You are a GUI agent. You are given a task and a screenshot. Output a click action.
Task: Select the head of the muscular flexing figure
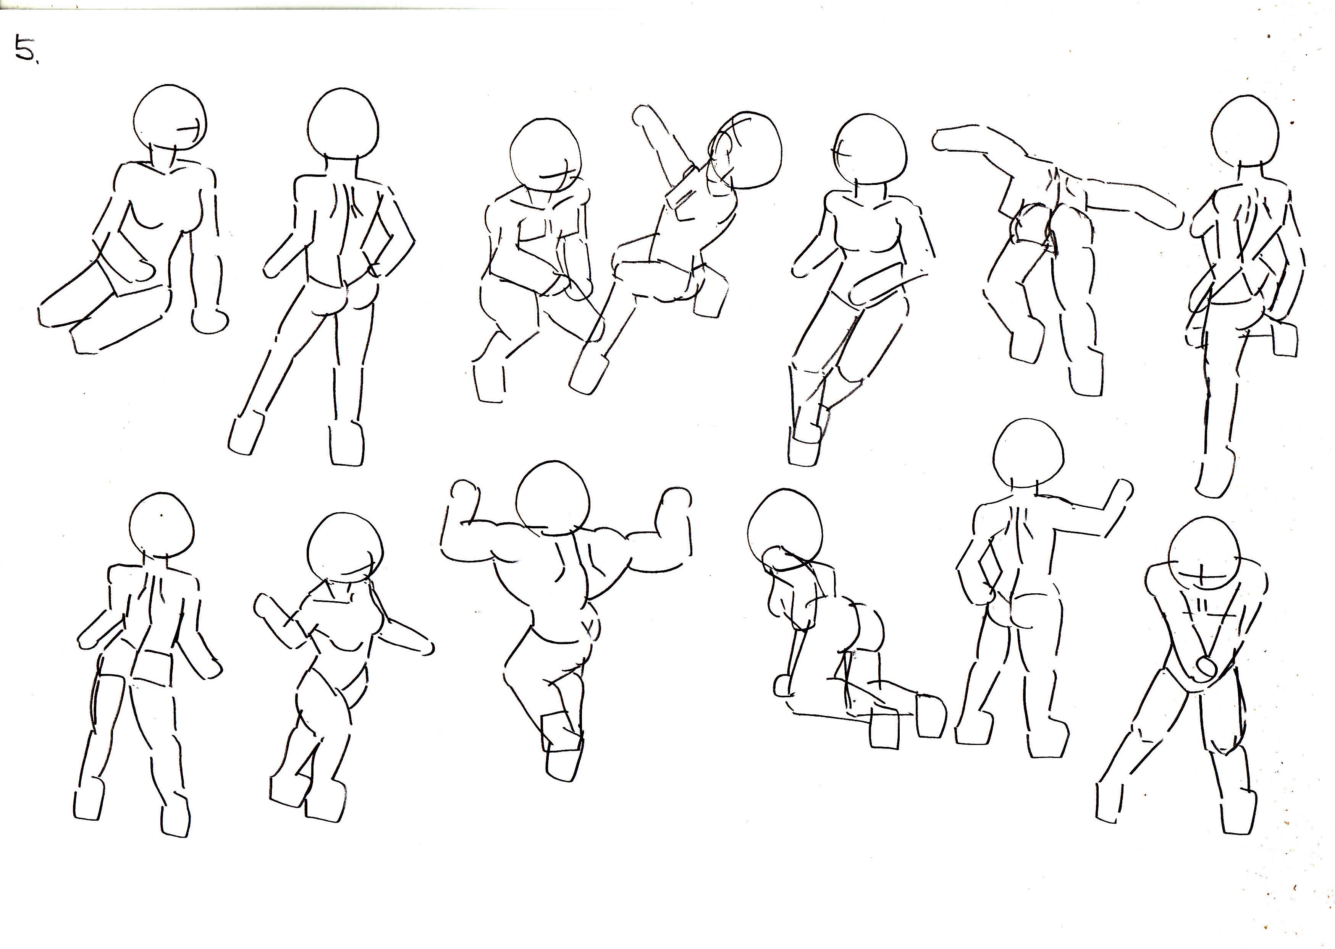click(551, 500)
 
